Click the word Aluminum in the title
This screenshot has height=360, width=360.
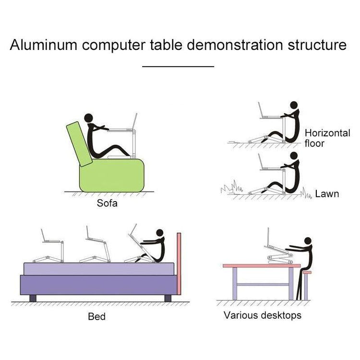point(44,46)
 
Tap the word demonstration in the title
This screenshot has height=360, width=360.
point(235,46)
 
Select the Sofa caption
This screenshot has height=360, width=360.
point(107,203)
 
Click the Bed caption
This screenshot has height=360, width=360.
point(96,316)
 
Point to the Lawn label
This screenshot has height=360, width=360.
point(327,194)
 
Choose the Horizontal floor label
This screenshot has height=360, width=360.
point(327,138)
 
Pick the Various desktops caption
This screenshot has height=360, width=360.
point(263,315)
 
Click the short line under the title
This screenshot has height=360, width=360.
point(179,66)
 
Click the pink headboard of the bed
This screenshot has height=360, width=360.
point(180,264)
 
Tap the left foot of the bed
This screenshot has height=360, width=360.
point(32,298)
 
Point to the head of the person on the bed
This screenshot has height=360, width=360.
point(160,234)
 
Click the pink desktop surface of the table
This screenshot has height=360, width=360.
point(262,265)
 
